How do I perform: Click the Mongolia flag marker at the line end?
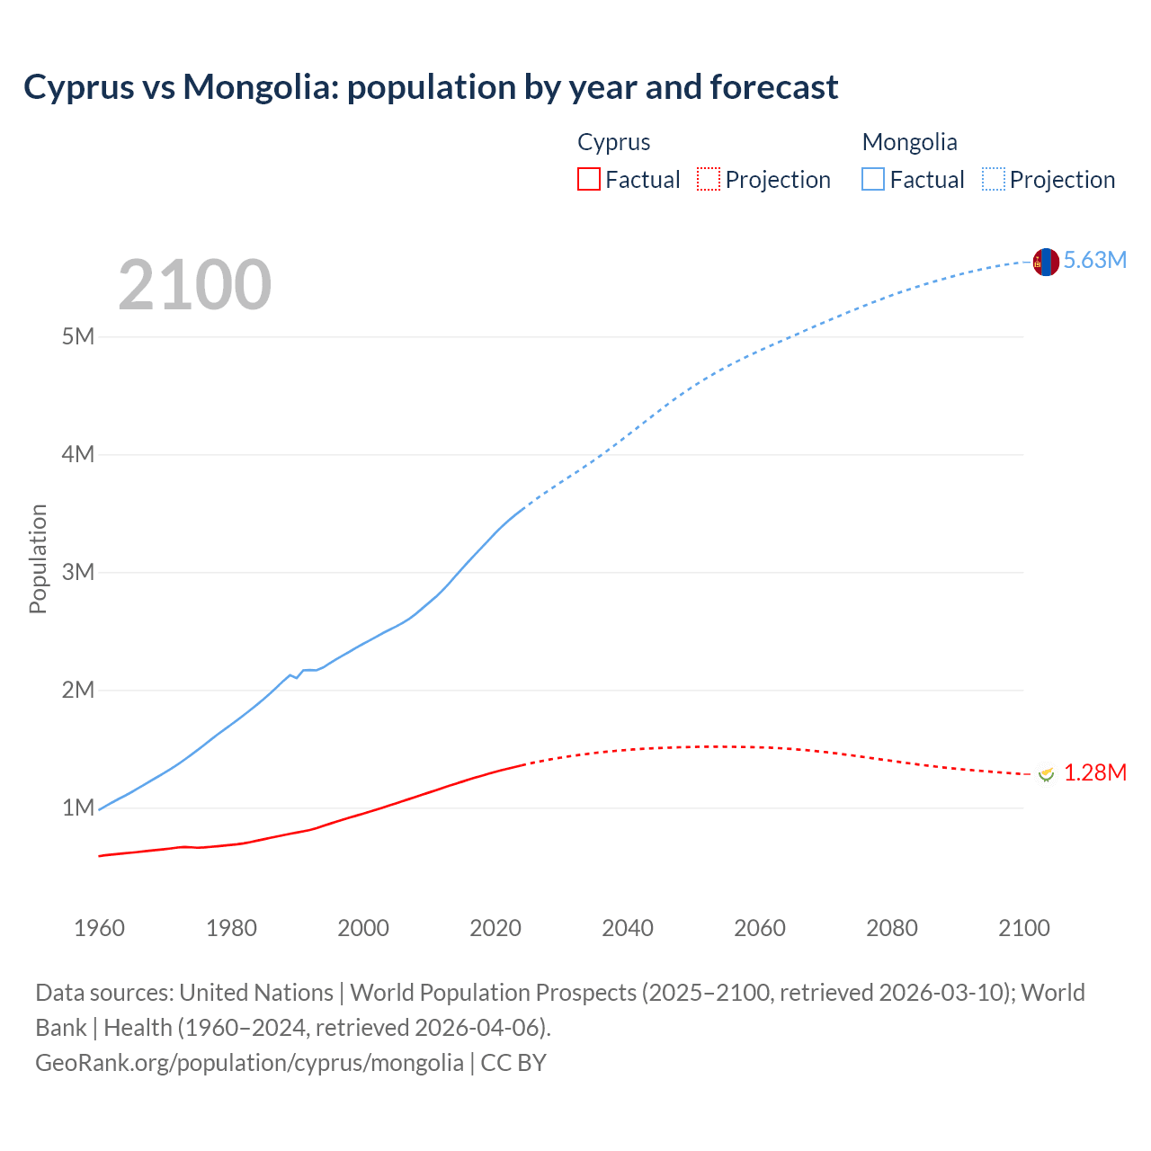point(1045,262)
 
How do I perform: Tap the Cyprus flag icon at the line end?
point(1045,773)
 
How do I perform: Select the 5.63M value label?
point(1094,260)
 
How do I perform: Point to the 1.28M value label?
point(1094,772)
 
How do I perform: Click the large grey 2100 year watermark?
point(194,285)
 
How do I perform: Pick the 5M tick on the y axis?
point(78,336)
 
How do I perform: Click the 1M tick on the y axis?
point(78,807)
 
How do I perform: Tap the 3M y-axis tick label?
point(78,572)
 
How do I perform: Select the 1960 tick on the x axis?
point(99,928)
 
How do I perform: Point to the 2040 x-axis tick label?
point(628,928)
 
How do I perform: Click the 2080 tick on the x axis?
point(892,928)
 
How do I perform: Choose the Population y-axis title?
point(38,558)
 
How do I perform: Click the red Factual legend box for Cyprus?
point(588,179)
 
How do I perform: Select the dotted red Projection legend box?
point(709,179)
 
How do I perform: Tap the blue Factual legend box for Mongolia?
point(872,179)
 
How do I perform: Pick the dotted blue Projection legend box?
point(993,179)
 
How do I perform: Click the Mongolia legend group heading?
point(909,142)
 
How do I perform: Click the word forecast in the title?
point(773,87)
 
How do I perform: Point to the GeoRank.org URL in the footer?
point(249,1062)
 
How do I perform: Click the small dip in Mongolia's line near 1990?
point(297,677)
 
